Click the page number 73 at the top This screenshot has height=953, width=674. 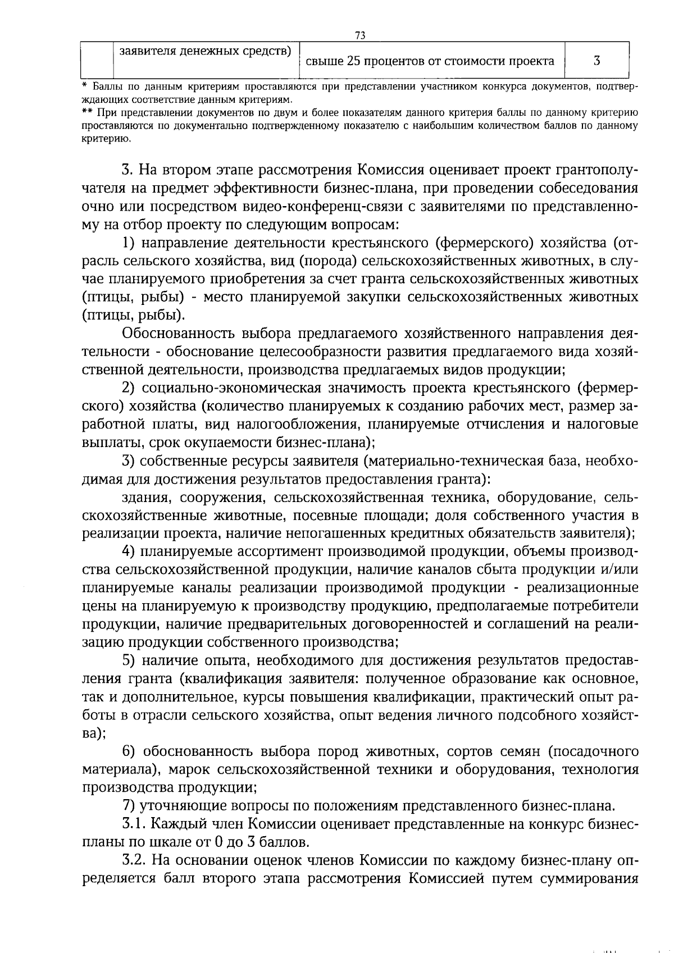pyautogui.click(x=361, y=35)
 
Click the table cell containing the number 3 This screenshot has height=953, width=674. pyautogui.click(x=596, y=61)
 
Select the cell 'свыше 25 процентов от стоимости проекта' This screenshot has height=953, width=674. pyautogui.click(x=430, y=61)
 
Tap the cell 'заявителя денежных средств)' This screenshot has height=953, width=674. pyautogui.click(x=206, y=51)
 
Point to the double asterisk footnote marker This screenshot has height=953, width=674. pyautogui.click(x=86, y=112)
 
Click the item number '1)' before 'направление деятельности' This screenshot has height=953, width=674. pyautogui.click(x=129, y=243)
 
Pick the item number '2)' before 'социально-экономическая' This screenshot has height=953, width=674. pyautogui.click(x=129, y=388)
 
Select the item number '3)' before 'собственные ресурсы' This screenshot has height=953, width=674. pyautogui.click(x=129, y=461)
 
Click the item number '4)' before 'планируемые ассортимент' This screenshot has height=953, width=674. pyautogui.click(x=129, y=552)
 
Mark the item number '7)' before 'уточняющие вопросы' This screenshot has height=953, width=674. pyautogui.click(x=129, y=806)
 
